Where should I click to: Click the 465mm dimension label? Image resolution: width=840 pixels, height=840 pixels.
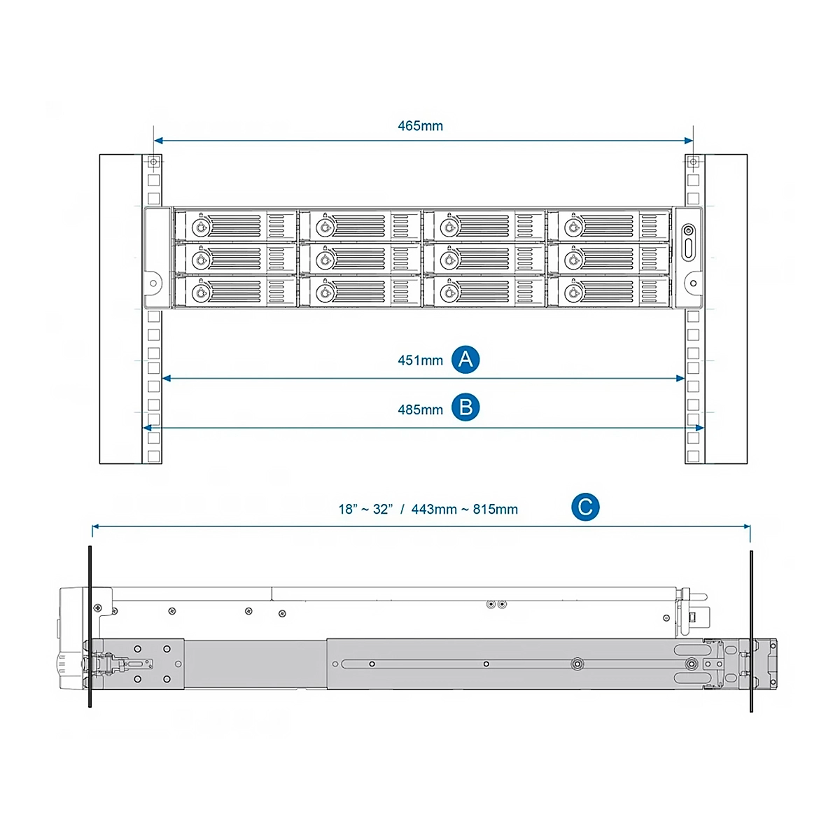[x=420, y=126]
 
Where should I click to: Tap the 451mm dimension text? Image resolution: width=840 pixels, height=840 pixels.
[x=420, y=360]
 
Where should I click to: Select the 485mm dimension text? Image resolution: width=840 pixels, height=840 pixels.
[x=420, y=409]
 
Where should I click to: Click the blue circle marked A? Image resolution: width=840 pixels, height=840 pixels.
[x=465, y=360]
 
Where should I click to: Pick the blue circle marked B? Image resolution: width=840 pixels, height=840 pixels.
[x=465, y=407]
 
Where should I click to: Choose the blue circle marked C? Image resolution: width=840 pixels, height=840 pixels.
[x=585, y=507]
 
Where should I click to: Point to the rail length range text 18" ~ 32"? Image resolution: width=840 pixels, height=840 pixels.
[x=365, y=509]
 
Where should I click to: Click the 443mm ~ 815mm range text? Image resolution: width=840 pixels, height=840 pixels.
[x=464, y=509]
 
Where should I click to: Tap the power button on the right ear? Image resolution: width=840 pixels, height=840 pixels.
[x=688, y=230]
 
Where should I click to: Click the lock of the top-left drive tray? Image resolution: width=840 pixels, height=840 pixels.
[x=200, y=227]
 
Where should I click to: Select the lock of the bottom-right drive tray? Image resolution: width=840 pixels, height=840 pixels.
[x=573, y=293]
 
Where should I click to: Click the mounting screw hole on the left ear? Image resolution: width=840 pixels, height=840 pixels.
[x=153, y=283]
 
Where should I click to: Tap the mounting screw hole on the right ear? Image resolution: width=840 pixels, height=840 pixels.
[x=693, y=283]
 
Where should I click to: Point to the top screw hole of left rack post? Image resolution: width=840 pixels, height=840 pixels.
[x=153, y=162]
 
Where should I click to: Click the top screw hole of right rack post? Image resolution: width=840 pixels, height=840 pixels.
[x=693, y=162]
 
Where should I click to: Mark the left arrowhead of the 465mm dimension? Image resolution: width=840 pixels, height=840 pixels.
[x=158, y=141]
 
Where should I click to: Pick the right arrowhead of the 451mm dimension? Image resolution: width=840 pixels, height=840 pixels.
[x=680, y=379]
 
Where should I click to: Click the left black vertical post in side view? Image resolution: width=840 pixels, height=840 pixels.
[x=90, y=626]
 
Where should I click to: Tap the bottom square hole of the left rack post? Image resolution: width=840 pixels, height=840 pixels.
[x=153, y=456]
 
